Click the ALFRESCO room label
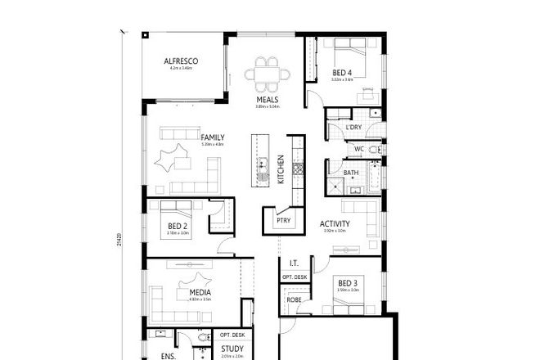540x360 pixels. click(x=182, y=61)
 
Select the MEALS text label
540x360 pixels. click(x=267, y=100)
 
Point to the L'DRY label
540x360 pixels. click(x=353, y=127)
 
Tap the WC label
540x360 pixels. click(x=358, y=149)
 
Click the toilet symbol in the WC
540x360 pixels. click(x=374, y=150)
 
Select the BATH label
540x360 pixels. click(x=351, y=173)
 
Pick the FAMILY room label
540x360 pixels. click(x=213, y=138)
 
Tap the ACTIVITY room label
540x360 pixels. click(x=335, y=223)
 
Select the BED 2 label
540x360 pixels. click(x=178, y=226)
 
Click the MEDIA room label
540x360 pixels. click(x=200, y=292)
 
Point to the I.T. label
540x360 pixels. click(x=293, y=263)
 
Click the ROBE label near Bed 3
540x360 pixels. click(x=293, y=300)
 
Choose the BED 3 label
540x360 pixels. click(x=348, y=283)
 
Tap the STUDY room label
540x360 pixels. click(x=232, y=349)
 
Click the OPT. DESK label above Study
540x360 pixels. click(x=232, y=335)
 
